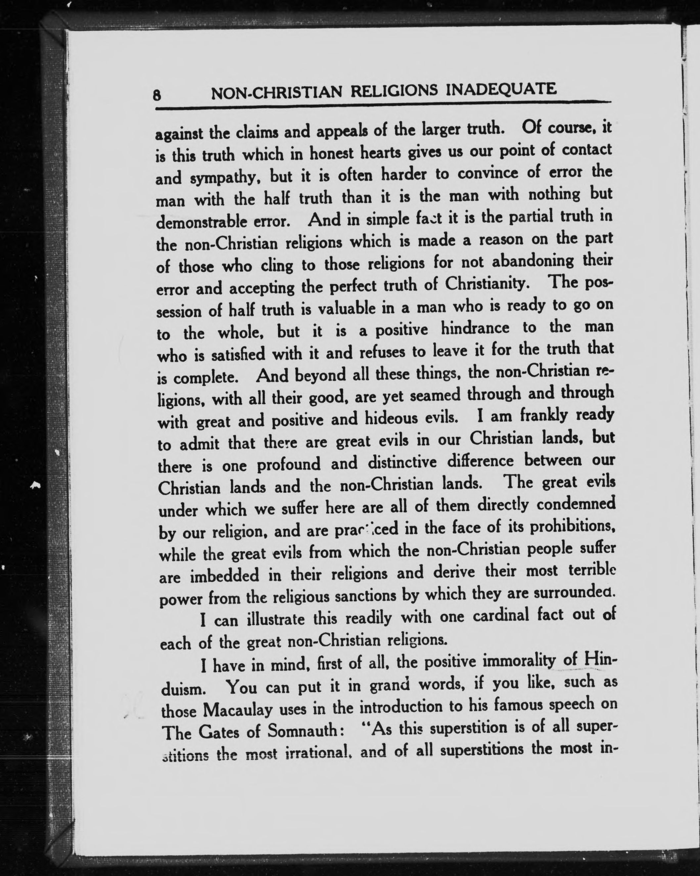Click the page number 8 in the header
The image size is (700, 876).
click(x=157, y=95)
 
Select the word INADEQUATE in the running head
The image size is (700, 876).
click(x=501, y=90)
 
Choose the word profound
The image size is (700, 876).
click(x=288, y=464)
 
